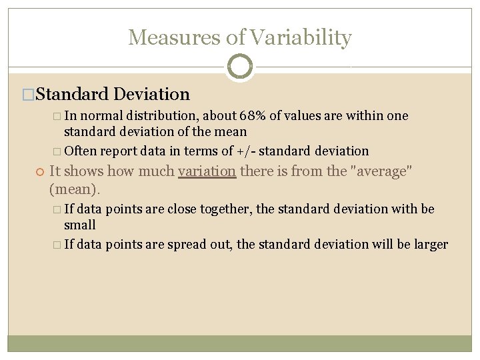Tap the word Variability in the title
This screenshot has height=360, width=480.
click(300, 37)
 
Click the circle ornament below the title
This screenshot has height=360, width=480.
click(240, 67)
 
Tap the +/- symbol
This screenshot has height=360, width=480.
click(256, 151)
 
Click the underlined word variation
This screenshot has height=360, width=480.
click(207, 172)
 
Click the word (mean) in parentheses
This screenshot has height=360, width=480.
click(75, 190)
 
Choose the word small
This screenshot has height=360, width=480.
click(80, 225)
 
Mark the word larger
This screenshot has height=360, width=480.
click(431, 244)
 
